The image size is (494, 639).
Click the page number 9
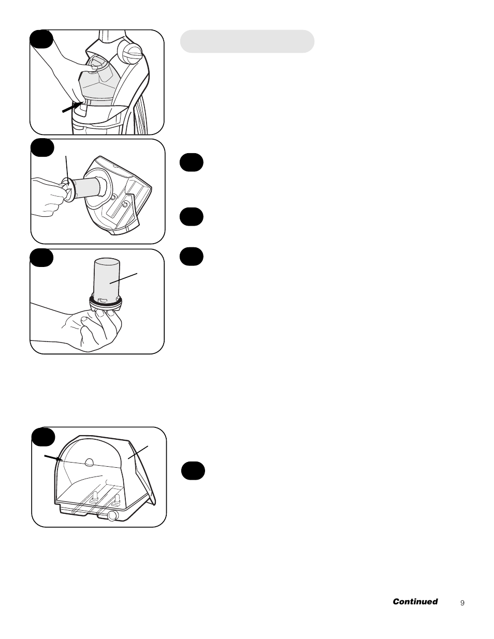click(462, 603)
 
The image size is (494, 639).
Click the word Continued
click(415, 601)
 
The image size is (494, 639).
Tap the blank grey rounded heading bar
click(247, 41)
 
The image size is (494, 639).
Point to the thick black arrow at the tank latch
click(72, 107)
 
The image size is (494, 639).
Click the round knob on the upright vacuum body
click(130, 51)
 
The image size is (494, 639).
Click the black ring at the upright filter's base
click(105, 302)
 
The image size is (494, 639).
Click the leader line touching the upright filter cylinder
click(123, 278)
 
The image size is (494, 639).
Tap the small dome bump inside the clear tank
click(89, 462)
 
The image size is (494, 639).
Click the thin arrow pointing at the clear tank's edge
click(53, 458)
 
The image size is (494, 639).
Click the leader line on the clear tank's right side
click(138, 452)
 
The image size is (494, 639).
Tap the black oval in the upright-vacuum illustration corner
click(41, 39)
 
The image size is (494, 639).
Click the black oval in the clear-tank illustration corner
click(43, 437)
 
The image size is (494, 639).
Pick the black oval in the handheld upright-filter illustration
click(41, 258)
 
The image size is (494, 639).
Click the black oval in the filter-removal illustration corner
click(42, 148)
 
